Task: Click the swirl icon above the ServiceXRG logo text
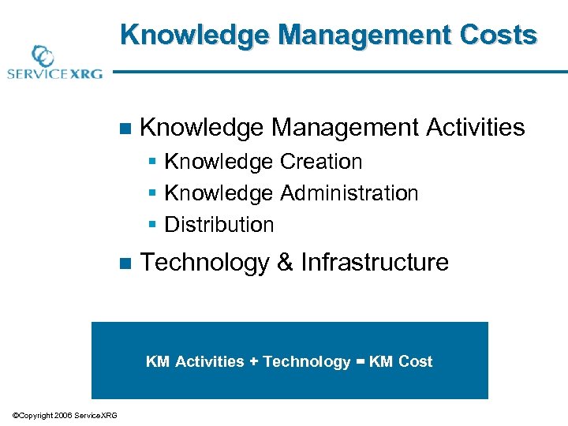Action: pyautogui.click(x=42, y=57)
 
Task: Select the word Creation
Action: pyautogui.click(x=321, y=162)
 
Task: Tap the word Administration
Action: pyautogui.click(x=349, y=193)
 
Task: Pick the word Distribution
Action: pyautogui.click(x=219, y=225)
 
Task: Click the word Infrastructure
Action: pyautogui.click(x=375, y=262)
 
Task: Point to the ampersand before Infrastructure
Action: pyautogui.click(x=285, y=262)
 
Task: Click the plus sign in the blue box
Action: pyautogui.click(x=253, y=362)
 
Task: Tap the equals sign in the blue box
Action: pyautogui.click(x=361, y=362)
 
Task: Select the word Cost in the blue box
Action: pyautogui.click(x=416, y=362)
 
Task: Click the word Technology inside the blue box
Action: pyautogui.click(x=306, y=362)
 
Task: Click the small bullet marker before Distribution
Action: pyautogui.click(x=153, y=226)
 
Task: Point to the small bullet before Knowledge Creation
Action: pyautogui.click(x=153, y=163)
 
